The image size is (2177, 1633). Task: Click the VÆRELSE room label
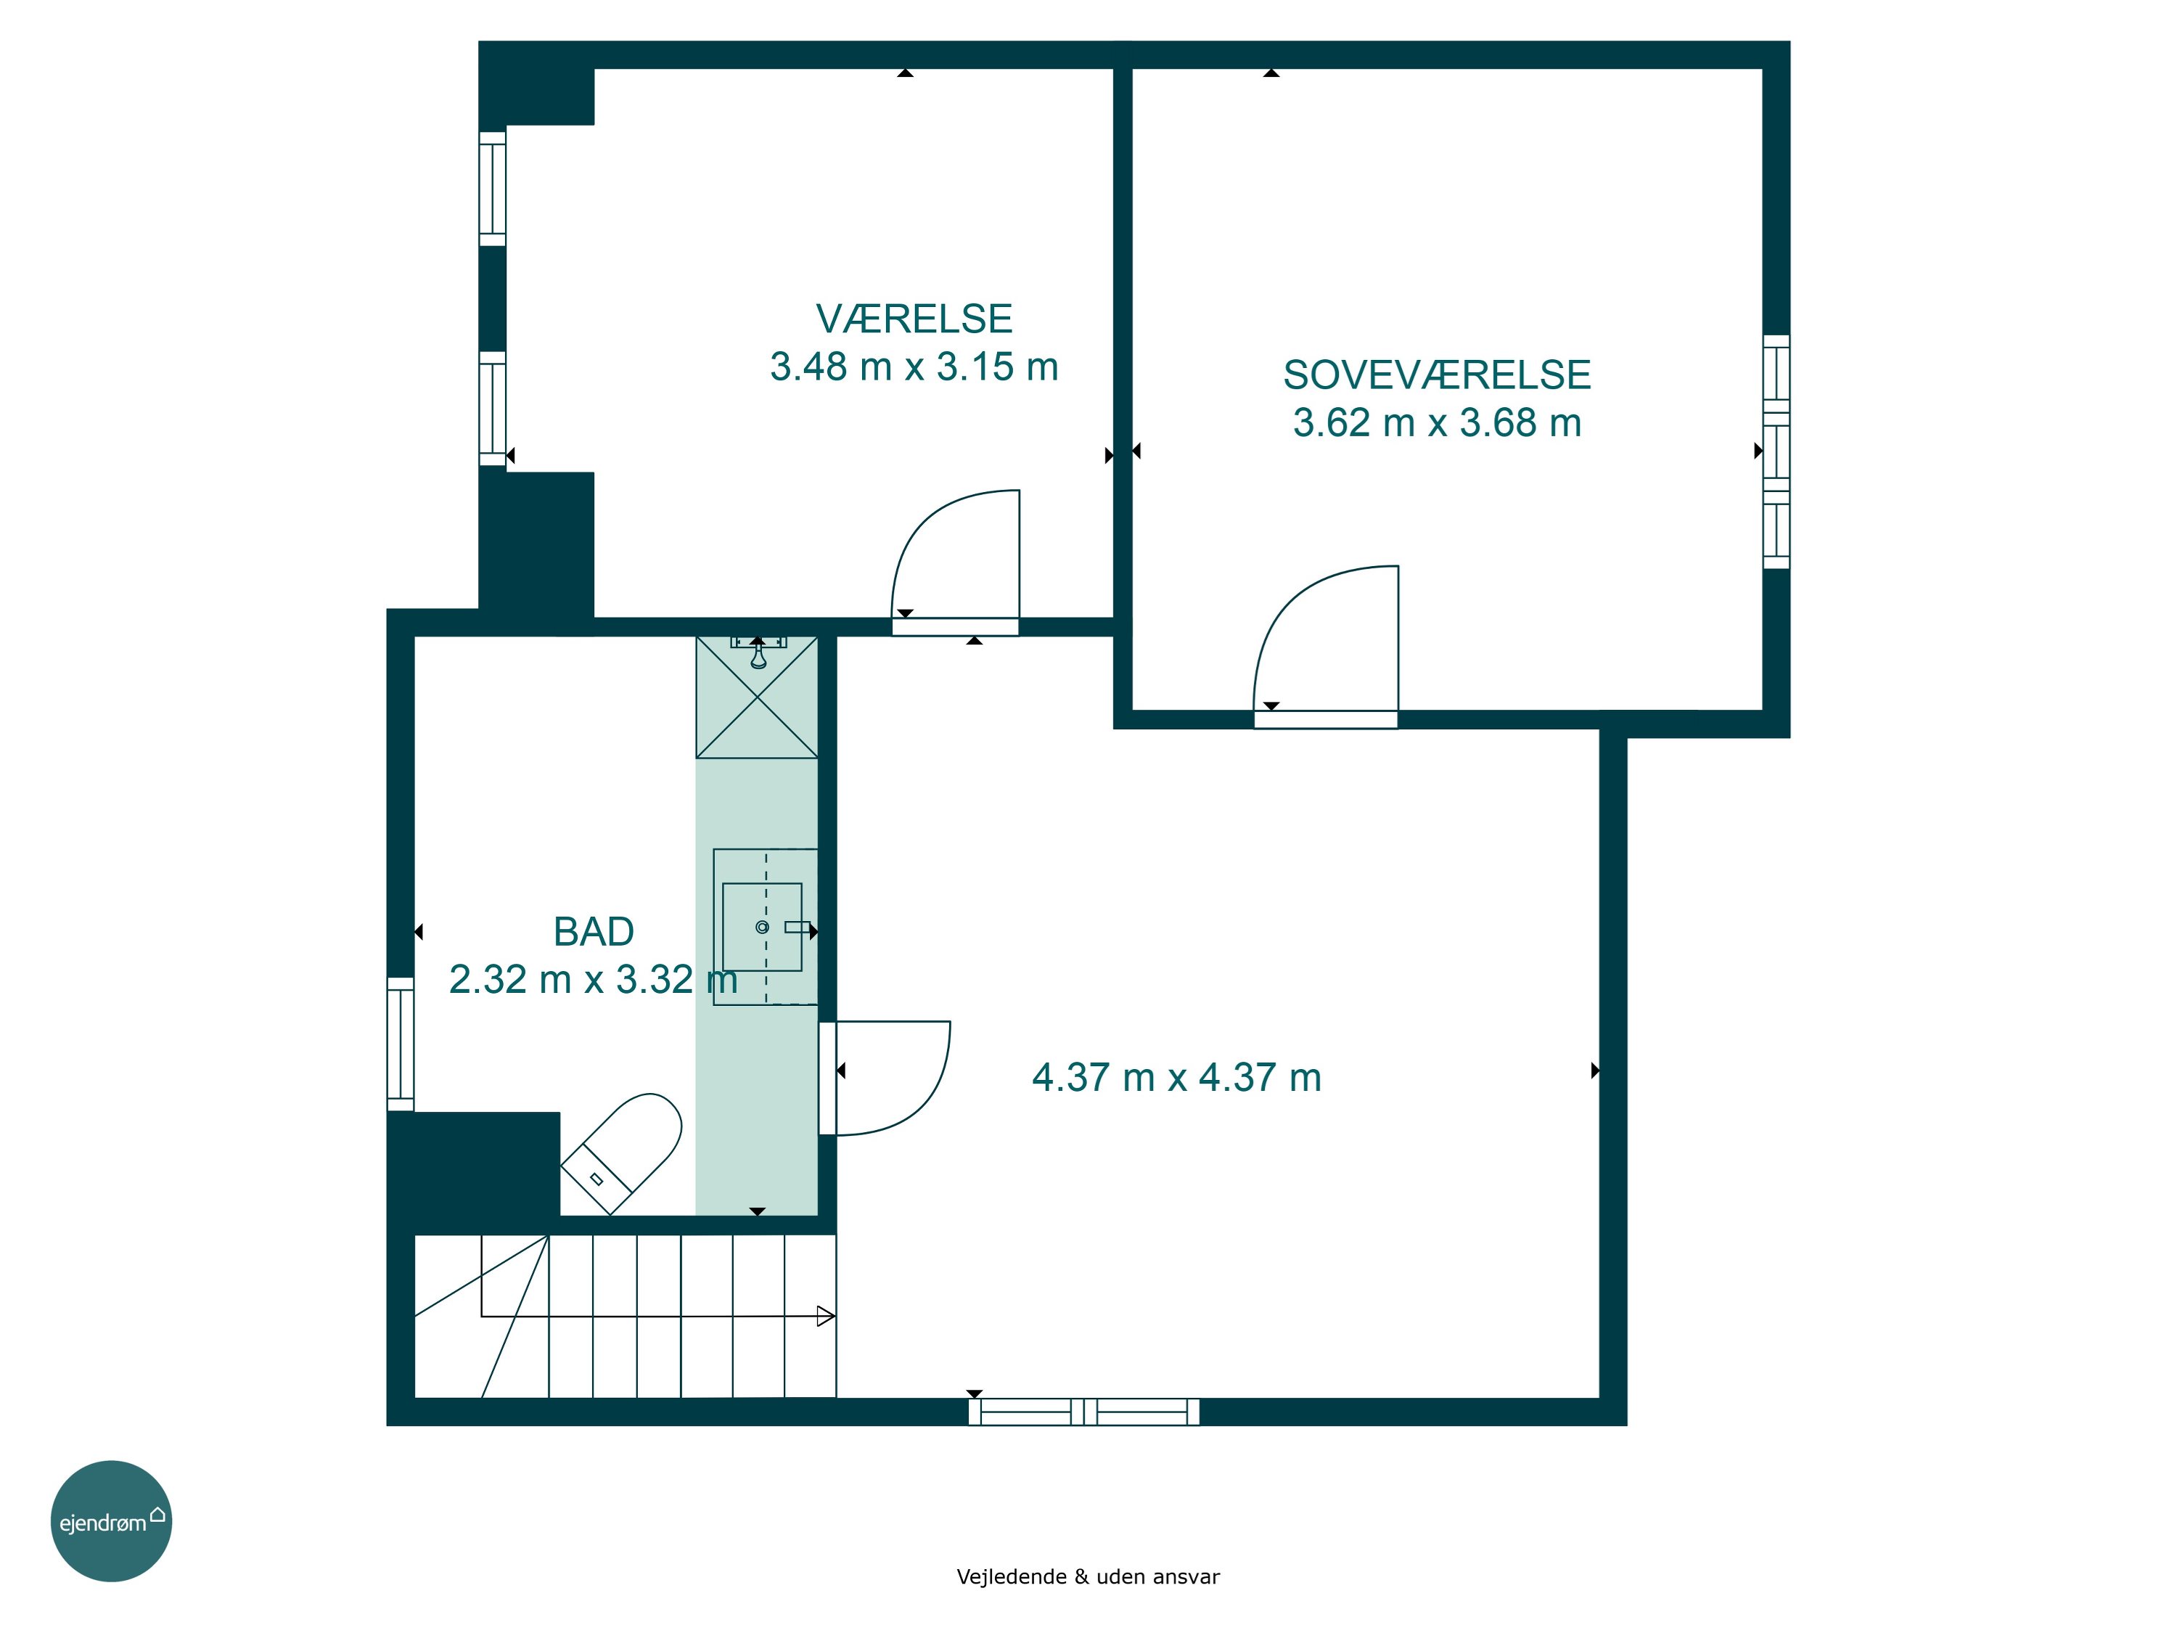[x=914, y=319]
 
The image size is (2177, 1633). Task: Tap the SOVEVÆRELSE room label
[x=1437, y=375]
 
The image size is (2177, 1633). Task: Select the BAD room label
[x=594, y=931]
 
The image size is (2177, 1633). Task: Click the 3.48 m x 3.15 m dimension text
[x=914, y=367]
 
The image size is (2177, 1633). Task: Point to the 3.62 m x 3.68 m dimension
[x=1437, y=423]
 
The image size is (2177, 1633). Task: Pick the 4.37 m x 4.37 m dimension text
[x=1176, y=1078]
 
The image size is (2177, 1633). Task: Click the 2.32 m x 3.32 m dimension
[x=594, y=979]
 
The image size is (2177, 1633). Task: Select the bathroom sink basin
[x=763, y=928]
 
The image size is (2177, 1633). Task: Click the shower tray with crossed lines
[x=757, y=697]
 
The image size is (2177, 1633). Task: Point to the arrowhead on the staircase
[x=826, y=1316]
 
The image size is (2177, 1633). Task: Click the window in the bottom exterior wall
[x=1083, y=1412]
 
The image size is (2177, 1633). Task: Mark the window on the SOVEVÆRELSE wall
[x=1776, y=452]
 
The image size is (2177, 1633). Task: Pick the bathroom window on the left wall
[x=401, y=1044]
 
